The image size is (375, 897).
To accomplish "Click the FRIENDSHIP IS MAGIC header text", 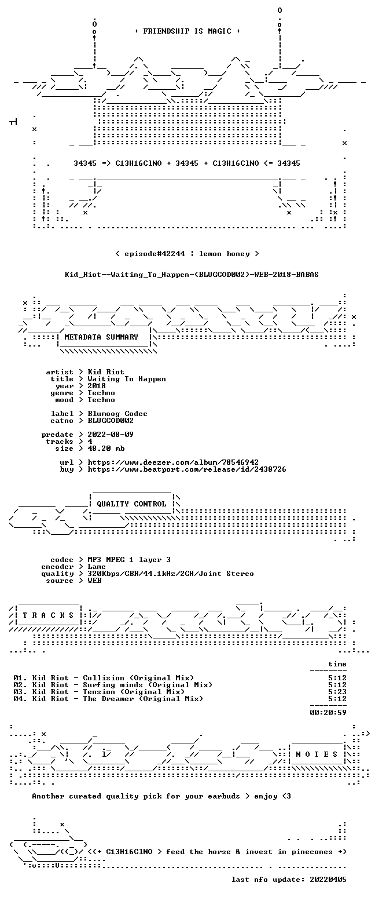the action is (187, 31).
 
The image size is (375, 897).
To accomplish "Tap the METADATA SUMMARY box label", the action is (101, 337).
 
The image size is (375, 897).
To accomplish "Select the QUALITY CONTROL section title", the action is (131, 504).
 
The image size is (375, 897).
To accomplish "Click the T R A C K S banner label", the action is (49, 615).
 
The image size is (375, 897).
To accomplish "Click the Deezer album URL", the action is (173, 462).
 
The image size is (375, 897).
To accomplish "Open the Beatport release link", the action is (187, 469).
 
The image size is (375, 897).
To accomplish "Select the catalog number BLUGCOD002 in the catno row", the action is (111, 421).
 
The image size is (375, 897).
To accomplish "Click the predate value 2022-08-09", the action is (111, 435).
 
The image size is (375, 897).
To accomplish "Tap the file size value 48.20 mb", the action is (106, 448).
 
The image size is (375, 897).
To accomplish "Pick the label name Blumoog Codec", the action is (117, 414).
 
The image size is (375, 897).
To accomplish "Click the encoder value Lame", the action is (97, 567).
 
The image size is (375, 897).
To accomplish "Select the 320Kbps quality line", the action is (171, 574).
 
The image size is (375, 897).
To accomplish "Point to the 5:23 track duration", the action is (337, 691).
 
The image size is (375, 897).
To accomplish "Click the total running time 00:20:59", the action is (328, 712).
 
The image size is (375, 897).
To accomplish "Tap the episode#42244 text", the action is (155, 254).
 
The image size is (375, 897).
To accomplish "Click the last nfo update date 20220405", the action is (328, 880).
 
